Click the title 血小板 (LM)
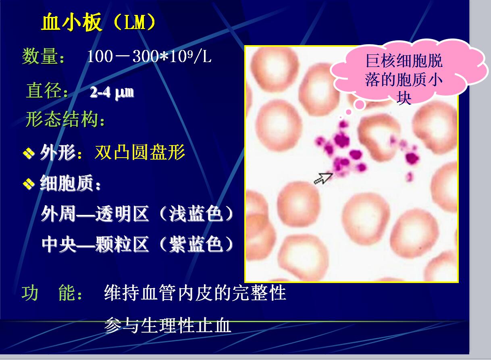pyautogui.click(x=99, y=21)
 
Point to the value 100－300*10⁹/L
pyautogui.click(x=149, y=56)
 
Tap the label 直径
pyautogui.click(x=44, y=91)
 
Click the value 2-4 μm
pyautogui.click(x=112, y=92)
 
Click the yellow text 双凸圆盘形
pyautogui.click(x=140, y=152)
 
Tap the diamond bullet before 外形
pyautogui.click(x=29, y=153)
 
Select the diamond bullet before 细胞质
pyautogui.click(x=29, y=184)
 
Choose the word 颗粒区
pyautogui.click(x=122, y=244)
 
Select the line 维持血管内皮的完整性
pyautogui.click(x=195, y=292)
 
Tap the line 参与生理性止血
pyautogui.click(x=167, y=325)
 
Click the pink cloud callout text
pyautogui.click(x=404, y=79)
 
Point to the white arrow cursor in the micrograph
pyautogui.click(x=323, y=178)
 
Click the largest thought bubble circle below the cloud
pyautogui.click(x=360, y=105)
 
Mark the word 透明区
pyautogui.click(x=122, y=214)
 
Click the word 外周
pyautogui.click(x=58, y=214)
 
